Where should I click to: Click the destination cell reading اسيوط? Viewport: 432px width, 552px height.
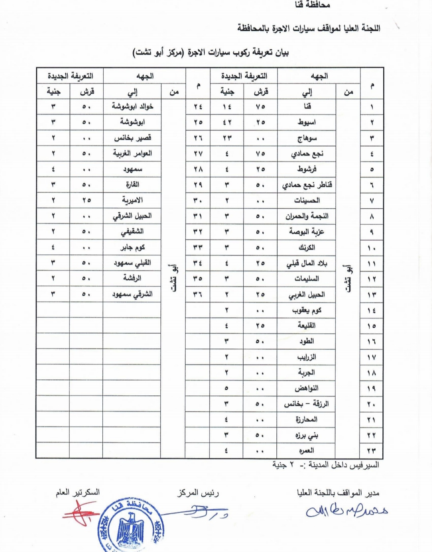pos(306,122)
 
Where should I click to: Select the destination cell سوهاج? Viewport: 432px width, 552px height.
pos(307,138)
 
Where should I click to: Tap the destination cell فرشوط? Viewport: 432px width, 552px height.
pos(307,169)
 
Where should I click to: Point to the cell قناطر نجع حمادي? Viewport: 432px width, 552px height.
pos(307,185)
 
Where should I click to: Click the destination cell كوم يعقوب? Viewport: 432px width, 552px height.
pos(307,310)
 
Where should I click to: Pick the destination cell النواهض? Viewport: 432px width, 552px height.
pos(307,388)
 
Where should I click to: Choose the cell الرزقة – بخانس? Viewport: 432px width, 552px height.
pos(307,404)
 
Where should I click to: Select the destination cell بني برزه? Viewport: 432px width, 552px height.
pos(307,435)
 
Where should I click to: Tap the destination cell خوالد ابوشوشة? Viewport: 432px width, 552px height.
pos(132,107)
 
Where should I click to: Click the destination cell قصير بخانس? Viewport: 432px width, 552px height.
pos(132,138)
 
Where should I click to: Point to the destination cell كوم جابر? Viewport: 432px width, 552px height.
pos(132,248)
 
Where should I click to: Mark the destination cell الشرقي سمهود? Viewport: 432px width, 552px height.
pos(132,294)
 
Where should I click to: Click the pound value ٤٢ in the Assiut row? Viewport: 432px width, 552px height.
pos(227,122)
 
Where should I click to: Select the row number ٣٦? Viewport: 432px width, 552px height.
pos(198,294)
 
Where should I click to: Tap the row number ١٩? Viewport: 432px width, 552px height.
pos(371,388)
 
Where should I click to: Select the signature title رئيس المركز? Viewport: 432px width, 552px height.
pos(198,493)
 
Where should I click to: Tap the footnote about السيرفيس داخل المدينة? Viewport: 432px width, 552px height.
pos(326,465)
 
